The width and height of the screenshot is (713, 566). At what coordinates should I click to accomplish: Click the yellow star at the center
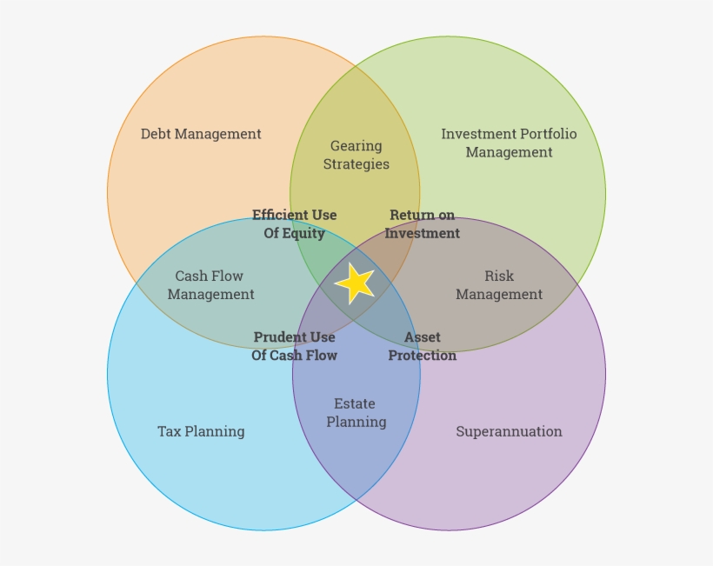tap(355, 283)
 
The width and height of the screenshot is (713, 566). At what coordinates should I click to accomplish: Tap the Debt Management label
tap(201, 134)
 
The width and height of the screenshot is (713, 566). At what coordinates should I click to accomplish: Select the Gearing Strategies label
tap(356, 155)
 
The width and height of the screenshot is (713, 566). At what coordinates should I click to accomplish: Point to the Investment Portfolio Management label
tap(509, 143)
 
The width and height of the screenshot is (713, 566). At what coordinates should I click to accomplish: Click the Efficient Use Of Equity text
tap(294, 224)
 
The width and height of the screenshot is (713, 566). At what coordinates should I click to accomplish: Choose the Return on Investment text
tap(422, 224)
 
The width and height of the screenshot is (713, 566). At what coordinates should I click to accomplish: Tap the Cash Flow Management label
tap(210, 285)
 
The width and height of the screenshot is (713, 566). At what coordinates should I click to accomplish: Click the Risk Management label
tap(499, 285)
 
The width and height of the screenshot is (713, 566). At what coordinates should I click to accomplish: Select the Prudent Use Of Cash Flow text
tap(294, 346)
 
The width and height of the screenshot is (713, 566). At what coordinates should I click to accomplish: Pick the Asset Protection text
tap(422, 346)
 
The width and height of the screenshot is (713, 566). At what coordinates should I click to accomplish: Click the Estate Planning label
tap(356, 413)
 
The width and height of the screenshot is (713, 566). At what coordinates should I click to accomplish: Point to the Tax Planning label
tap(201, 431)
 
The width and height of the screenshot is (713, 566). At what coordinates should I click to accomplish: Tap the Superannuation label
tap(509, 431)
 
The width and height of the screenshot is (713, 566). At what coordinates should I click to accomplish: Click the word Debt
tap(157, 134)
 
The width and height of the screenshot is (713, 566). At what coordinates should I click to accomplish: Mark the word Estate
tap(355, 403)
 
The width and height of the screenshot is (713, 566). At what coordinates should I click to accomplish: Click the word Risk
tap(499, 276)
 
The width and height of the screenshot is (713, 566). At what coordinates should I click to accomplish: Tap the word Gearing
tap(356, 146)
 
